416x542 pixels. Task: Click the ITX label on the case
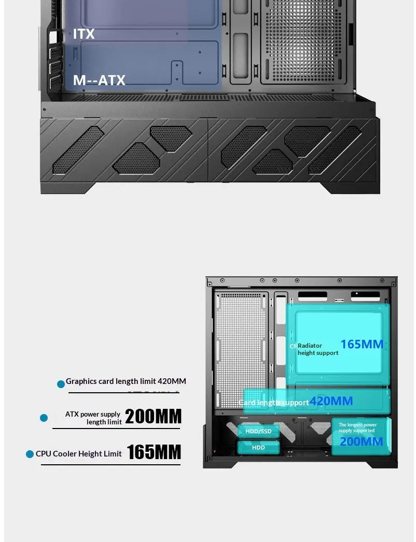pos(84,34)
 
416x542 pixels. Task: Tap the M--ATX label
pos(99,80)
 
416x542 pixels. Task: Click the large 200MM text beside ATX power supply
pos(153,417)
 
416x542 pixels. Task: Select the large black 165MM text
pos(154,452)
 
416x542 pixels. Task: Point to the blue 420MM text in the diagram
pos(331,401)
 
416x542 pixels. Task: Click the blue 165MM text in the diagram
pos(362,344)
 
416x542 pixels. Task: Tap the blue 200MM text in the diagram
pos(361,441)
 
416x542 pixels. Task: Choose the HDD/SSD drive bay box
pos(258,431)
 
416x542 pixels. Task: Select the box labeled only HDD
pos(258,447)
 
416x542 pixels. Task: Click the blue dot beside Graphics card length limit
pos(61,384)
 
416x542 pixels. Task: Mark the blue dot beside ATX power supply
pos(44,418)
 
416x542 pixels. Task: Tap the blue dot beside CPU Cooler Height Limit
pos(30,454)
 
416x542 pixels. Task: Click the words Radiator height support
pos(317,349)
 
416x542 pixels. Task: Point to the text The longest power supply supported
pos(357,427)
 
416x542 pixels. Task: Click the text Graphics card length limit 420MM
pos(126,381)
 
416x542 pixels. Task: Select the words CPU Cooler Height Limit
pos(79,454)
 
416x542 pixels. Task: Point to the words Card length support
pos(274,403)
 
